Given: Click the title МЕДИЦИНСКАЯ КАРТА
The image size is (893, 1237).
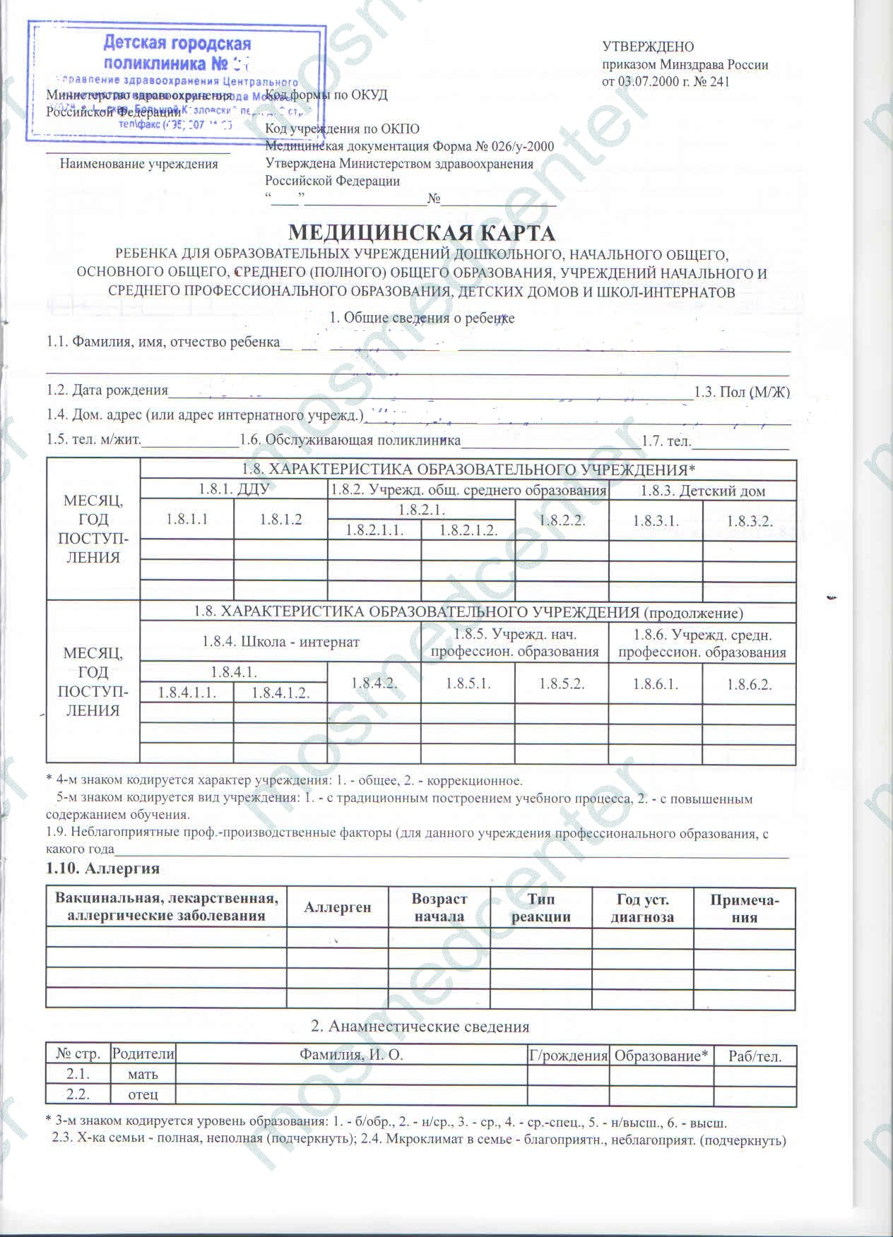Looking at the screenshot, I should (x=422, y=232).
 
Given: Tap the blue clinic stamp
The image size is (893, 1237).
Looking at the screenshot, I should (x=177, y=81).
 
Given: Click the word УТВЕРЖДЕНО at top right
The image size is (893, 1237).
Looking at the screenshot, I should (x=648, y=47).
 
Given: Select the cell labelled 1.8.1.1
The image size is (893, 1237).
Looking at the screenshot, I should (x=187, y=520).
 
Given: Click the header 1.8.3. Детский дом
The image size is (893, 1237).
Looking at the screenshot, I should (x=702, y=491).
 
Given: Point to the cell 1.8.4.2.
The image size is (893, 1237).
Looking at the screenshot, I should (x=374, y=683).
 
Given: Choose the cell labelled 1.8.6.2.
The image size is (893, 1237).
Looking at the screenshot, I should (x=749, y=684).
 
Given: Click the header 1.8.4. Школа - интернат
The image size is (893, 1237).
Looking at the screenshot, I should (x=280, y=642).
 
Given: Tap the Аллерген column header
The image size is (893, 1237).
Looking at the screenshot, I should (x=337, y=907).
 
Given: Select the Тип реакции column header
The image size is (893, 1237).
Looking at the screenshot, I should (x=540, y=907).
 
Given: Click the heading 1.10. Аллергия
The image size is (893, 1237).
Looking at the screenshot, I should (x=102, y=868).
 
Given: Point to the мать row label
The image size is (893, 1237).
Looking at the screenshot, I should (x=143, y=1075).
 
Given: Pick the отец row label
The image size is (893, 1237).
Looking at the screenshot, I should (x=143, y=1095).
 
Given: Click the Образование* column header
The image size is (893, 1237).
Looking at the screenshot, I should (x=661, y=1056).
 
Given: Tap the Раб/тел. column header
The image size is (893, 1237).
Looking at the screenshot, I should (x=755, y=1056).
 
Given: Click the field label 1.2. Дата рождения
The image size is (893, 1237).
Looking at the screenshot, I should (x=107, y=390).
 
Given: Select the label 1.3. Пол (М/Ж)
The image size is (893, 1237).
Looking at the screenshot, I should (x=742, y=392).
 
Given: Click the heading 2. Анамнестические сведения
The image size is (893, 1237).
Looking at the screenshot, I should (x=420, y=1026).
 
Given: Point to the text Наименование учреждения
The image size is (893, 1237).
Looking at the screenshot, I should (x=138, y=164).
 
